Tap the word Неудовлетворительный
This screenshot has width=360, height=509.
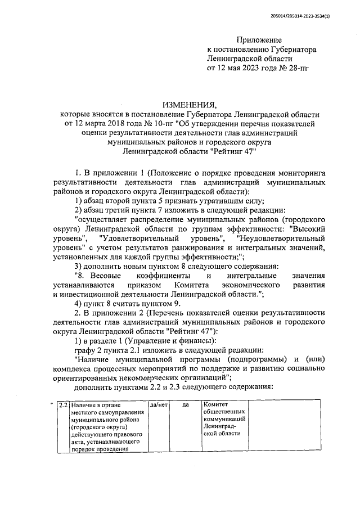click(277, 239)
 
